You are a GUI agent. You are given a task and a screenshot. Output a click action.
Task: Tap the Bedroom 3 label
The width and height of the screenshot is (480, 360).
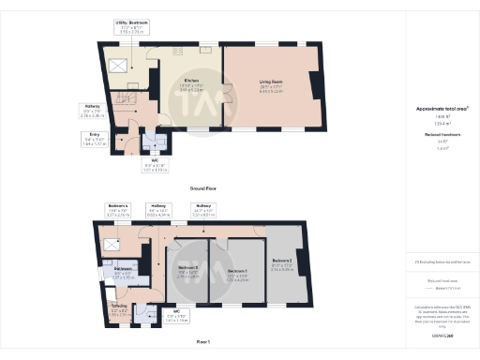click(x=281, y=262)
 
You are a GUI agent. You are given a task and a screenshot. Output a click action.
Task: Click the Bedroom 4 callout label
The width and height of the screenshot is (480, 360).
click(x=118, y=205)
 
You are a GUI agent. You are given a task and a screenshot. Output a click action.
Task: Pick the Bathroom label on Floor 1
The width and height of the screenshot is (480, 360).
click(x=123, y=274)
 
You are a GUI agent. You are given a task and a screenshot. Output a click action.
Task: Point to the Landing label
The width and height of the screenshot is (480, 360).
click(x=120, y=305)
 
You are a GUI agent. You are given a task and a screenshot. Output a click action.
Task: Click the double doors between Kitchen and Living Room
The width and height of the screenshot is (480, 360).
click(x=224, y=96)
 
